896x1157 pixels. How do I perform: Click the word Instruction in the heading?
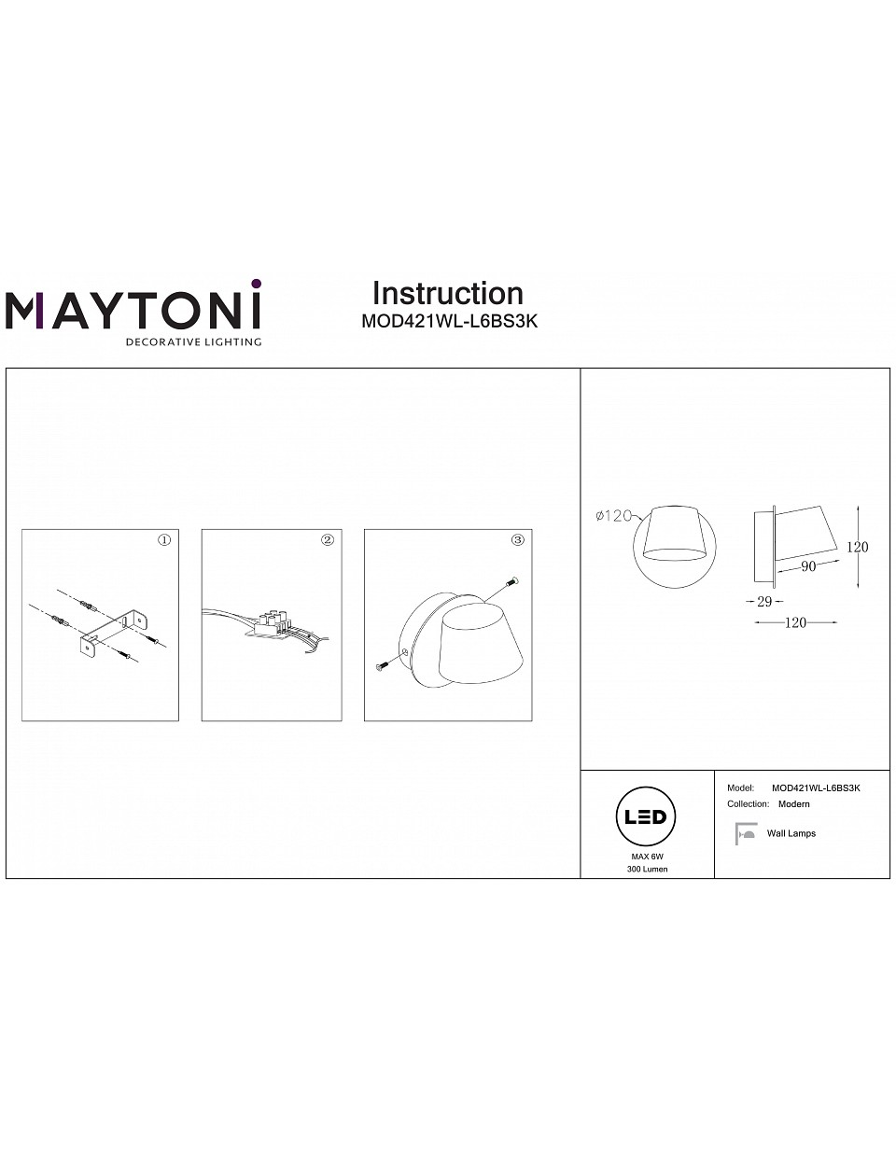pos(448,293)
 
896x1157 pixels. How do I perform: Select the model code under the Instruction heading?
pos(449,321)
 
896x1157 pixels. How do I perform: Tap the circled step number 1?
pos(164,540)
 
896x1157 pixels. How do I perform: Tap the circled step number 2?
pos(328,540)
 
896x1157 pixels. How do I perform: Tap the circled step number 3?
pos(517,540)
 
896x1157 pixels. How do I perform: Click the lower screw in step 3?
pos(383,665)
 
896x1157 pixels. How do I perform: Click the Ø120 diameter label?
pos(614,515)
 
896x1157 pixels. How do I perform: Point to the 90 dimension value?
pos(808,566)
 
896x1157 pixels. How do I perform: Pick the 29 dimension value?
pos(764,602)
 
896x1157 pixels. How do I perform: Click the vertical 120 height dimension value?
pos(858,547)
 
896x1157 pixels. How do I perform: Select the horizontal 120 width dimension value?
pos(795,622)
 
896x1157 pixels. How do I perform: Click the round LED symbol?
pos(645,816)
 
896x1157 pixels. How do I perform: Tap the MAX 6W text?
pos(648,857)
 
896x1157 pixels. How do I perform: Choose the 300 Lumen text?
pos(648,869)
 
